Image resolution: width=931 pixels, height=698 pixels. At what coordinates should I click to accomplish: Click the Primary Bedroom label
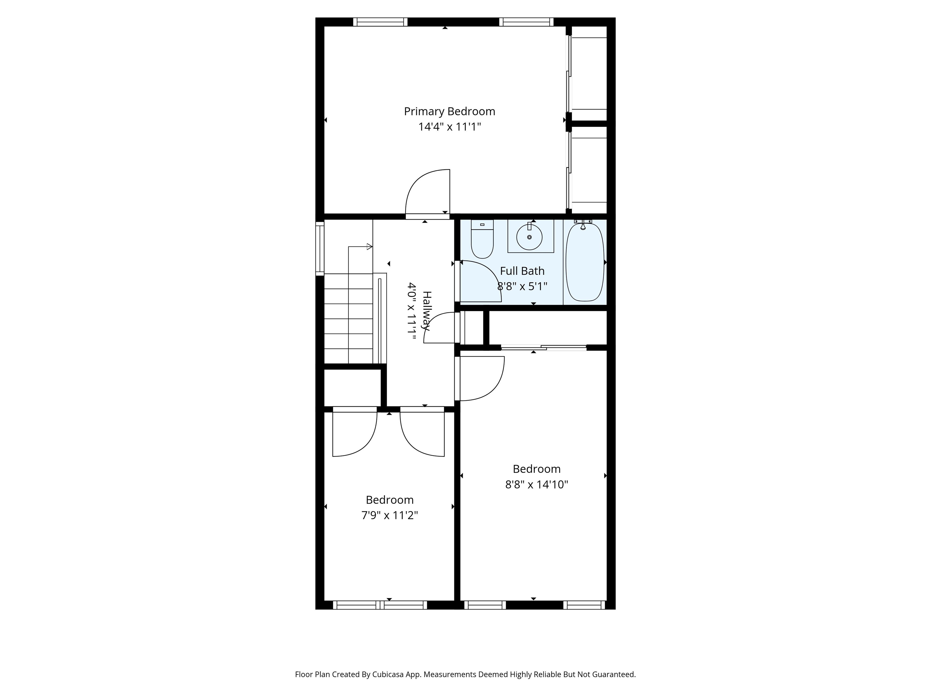point(449,111)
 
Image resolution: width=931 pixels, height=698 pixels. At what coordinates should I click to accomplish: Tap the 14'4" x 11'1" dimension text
point(449,127)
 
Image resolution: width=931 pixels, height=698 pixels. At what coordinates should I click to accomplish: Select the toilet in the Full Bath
point(482,239)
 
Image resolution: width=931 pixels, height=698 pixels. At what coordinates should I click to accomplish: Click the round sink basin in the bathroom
point(529,237)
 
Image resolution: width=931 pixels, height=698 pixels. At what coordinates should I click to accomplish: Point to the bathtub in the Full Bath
point(585,262)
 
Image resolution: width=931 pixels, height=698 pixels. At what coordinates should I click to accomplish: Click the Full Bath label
point(522,271)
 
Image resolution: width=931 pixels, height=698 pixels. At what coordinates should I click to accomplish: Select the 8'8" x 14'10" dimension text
point(537,485)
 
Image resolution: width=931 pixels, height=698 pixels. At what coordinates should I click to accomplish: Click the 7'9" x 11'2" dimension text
point(390,515)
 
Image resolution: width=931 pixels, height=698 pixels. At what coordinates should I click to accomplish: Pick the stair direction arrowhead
point(370,247)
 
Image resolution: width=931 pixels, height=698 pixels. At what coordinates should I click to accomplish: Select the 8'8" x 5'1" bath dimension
point(522,287)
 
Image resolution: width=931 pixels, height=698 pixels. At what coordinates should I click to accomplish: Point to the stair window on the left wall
point(320,249)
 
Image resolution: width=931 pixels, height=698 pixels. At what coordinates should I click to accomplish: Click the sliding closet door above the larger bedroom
point(544,347)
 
